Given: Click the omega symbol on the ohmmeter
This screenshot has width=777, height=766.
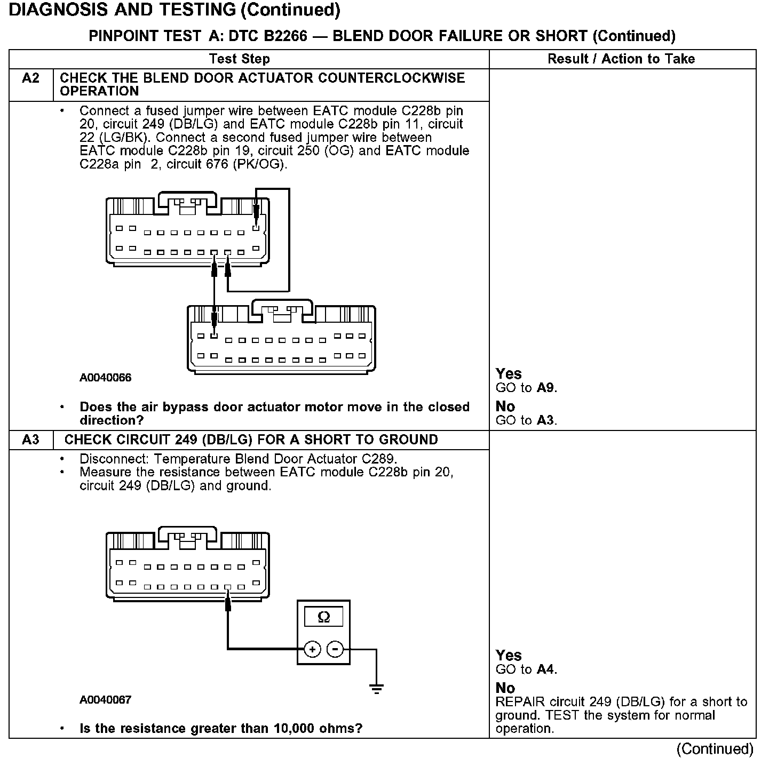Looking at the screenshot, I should click(x=323, y=617).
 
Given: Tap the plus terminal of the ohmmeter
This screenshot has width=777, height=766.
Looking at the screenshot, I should click(x=312, y=649).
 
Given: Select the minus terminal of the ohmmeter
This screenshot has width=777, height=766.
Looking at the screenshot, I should click(x=335, y=649).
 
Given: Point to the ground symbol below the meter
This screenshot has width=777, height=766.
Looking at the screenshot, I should click(x=377, y=688).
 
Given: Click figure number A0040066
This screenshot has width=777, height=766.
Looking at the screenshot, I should click(x=105, y=378).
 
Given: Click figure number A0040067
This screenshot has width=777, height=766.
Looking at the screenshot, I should click(x=105, y=700).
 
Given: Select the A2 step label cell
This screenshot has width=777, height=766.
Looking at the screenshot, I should click(x=31, y=78).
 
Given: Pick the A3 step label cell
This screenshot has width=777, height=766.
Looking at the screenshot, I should click(x=31, y=440).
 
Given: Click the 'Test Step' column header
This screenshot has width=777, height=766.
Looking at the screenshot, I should click(x=240, y=59).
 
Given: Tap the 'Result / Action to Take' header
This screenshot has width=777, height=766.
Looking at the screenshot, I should click(x=621, y=59).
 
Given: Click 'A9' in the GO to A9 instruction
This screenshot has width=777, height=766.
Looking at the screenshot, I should click(x=546, y=388).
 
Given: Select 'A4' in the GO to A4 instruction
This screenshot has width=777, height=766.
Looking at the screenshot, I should click(x=546, y=669).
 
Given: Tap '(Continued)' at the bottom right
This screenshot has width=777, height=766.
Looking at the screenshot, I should click(x=715, y=749).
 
